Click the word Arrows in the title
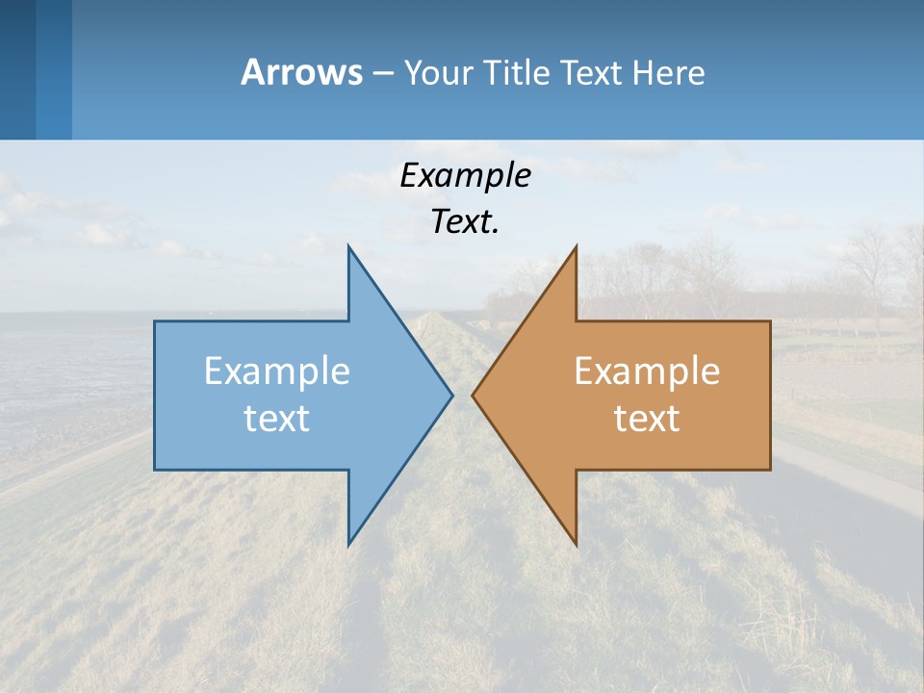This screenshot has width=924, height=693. [x=301, y=72]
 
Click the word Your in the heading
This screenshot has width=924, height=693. [x=438, y=72]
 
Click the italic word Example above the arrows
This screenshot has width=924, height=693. [x=465, y=176]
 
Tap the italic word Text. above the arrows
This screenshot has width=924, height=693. [x=465, y=222]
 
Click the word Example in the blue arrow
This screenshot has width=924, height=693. [x=276, y=372]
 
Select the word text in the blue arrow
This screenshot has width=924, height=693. [x=276, y=419]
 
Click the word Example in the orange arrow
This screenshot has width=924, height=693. [x=647, y=372]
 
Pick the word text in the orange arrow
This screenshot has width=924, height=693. [x=647, y=419]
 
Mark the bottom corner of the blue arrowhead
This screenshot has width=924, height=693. [x=349, y=542]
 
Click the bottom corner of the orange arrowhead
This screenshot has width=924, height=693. [x=575, y=542]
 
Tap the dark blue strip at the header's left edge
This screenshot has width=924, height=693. [x=17, y=69]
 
